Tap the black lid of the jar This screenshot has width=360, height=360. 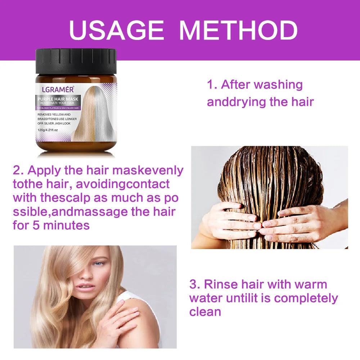click(x=76, y=60)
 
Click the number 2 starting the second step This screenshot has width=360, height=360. click(x=17, y=170)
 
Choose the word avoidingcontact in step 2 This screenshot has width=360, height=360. click(x=123, y=184)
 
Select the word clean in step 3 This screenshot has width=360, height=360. click(x=205, y=312)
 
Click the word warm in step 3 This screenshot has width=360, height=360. click(x=310, y=284)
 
